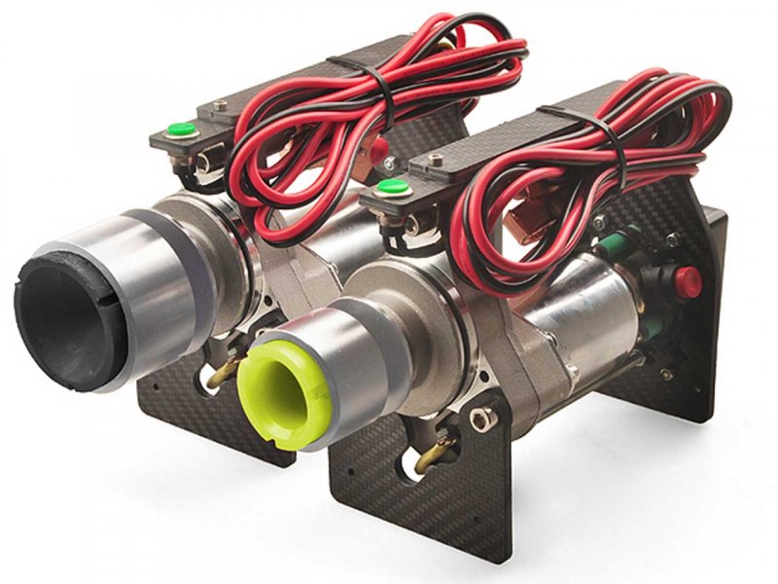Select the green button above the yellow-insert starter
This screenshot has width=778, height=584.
point(391,186)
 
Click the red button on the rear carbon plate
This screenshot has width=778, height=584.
point(688,281)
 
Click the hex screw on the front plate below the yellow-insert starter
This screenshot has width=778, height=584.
point(479,420)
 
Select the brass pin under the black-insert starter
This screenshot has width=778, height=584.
point(226,369)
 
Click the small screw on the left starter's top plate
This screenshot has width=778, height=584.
point(221,106)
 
